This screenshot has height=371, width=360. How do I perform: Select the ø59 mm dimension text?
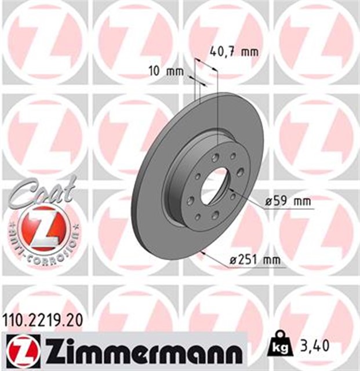287,201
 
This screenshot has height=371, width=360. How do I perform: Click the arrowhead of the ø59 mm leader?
230,188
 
